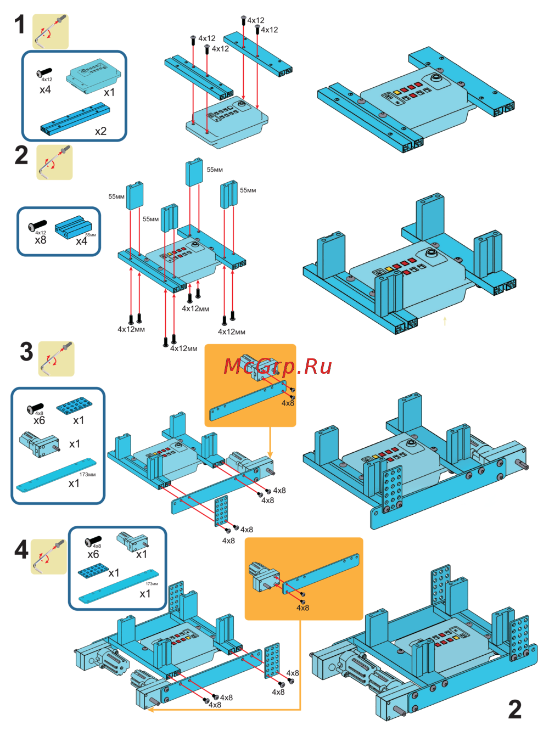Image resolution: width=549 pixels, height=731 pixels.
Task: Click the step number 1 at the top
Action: pyautogui.click(x=20, y=25)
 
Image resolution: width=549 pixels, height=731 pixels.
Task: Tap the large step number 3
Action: pyautogui.click(x=26, y=352)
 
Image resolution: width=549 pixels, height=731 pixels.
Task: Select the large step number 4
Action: pyautogui.click(x=21, y=549)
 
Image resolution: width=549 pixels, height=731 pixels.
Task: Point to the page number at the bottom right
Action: pyautogui.click(x=514, y=709)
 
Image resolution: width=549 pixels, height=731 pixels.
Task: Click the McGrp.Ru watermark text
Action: pyautogui.click(x=278, y=366)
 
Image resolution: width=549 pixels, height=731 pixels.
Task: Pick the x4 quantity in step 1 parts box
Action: pyautogui.click(x=45, y=89)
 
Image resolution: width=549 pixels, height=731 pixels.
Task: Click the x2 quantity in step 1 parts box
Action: pyautogui.click(x=100, y=131)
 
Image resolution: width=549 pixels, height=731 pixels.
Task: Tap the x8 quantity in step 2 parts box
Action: pyautogui.click(x=40, y=240)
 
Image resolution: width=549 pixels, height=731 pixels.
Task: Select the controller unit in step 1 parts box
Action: pyautogui.click(x=93, y=74)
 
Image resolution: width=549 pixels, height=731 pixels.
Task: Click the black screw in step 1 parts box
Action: pyautogui.click(x=44, y=72)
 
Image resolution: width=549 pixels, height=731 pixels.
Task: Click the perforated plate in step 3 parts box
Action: pyautogui.click(x=74, y=406)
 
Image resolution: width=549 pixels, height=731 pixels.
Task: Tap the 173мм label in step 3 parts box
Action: pyautogui.click(x=87, y=475)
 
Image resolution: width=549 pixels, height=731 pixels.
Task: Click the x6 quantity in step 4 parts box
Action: pyautogui.click(x=93, y=554)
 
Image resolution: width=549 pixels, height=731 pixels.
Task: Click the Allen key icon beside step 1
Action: pyautogui.click(x=50, y=31)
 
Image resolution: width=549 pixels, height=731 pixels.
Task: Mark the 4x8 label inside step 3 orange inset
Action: pyautogui.click(x=288, y=403)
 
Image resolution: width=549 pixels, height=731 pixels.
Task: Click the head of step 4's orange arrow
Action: pyautogui.click(x=150, y=710)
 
